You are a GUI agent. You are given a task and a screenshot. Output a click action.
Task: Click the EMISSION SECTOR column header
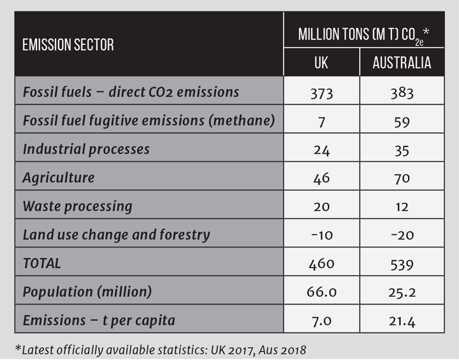click(x=68, y=45)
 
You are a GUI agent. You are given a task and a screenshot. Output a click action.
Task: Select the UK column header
click(x=321, y=63)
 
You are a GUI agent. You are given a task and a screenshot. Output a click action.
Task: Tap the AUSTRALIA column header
click(x=402, y=63)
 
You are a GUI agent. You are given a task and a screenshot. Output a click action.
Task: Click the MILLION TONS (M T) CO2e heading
click(x=362, y=34)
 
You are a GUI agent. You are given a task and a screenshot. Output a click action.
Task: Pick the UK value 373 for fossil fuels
click(x=321, y=92)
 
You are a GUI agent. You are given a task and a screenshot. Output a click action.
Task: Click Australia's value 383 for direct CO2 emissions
click(x=402, y=92)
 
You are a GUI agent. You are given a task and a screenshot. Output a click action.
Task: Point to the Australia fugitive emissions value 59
click(x=402, y=121)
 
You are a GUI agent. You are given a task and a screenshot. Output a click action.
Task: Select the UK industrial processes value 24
click(x=321, y=150)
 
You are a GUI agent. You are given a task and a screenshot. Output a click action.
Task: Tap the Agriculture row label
click(x=58, y=178)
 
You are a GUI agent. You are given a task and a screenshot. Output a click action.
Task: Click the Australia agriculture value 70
click(x=402, y=178)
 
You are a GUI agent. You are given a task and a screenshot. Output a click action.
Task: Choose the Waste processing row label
click(x=77, y=206)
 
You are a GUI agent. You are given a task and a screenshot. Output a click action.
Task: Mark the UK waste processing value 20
click(x=321, y=206)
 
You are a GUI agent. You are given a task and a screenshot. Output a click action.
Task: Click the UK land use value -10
click(x=321, y=235)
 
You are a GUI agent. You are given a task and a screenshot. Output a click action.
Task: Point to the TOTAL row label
click(x=42, y=263)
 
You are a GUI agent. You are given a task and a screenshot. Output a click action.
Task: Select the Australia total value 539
click(x=402, y=263)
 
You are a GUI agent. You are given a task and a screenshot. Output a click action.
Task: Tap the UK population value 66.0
click(x=321, y=292)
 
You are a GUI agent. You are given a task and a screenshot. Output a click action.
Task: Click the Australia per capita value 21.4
click(x=402, y=321)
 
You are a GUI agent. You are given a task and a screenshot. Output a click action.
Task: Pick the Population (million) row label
click(x=87, y=292)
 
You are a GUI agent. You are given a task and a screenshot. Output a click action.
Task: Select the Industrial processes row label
click(x=86, y=150)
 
